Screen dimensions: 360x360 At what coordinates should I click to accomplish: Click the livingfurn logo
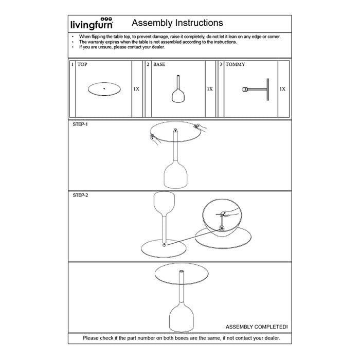tap(91, 24)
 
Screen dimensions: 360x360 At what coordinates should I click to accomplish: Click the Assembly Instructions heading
tap(177, 23)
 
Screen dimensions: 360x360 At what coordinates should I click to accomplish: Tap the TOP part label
tap(82, 65)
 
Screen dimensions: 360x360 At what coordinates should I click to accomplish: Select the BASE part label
tap(159, 65)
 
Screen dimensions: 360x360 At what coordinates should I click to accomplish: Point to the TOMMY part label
tap(236, 65)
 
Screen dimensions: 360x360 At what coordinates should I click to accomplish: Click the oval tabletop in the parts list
tap(104, 89)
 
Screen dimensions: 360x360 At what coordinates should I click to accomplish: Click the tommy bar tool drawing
tap(257, 89)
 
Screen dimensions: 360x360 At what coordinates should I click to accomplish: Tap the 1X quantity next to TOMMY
tap(282, 89)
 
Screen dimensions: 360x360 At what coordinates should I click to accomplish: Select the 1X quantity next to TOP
tap(136, 89)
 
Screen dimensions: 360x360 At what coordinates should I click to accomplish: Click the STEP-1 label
tap(81, 124)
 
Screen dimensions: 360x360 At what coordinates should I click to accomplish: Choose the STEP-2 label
tap(81, 195)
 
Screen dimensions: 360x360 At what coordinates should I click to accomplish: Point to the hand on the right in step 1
tap(200, 127)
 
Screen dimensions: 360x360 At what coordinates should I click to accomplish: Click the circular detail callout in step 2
tap(222, 216)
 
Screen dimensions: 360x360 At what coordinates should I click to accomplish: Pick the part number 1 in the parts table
tap(72, 65)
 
